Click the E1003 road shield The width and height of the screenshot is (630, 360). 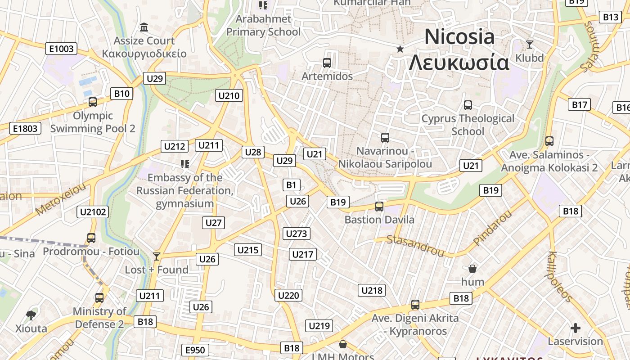tap(61, 49)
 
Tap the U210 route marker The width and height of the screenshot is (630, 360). tap(229, 95)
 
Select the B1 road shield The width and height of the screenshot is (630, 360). tap(292, 184)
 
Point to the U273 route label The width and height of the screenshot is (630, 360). tap(297, 234)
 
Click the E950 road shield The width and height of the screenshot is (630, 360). tap(195, 350)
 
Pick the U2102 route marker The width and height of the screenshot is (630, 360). tap(93, 212)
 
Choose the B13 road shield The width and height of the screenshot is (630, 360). tap(611, 17)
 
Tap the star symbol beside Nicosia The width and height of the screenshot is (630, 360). tap(400, 49)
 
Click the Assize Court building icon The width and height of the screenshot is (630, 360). tap(144, 27)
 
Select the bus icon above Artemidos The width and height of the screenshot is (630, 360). tap(327, 63)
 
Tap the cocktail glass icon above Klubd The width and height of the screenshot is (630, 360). tap(530, 44)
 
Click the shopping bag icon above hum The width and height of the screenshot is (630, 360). tap(472, 269)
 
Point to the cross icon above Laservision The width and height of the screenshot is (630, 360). tap(575, 328)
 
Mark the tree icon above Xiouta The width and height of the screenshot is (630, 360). tap(31, 315)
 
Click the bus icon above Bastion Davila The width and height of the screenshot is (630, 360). tap(379, 207)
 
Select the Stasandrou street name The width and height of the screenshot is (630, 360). tap(415, 246)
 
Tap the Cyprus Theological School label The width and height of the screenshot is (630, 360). tap(468, 125)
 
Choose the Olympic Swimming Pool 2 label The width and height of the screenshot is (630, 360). tap(93, 122)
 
